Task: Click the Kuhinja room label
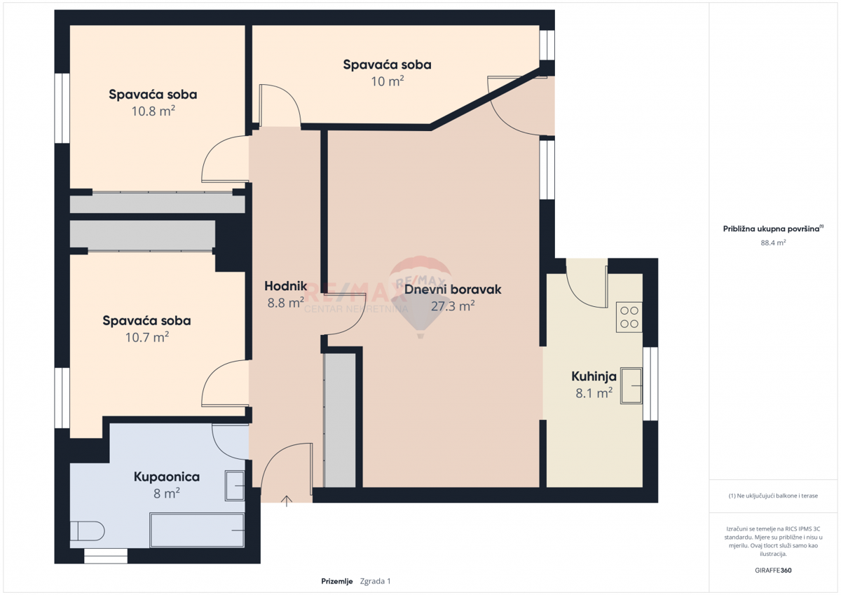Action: coord(594,376)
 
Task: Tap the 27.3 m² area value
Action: coord(453,306)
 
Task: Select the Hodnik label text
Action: coord(286,286)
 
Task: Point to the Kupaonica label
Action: coord(167,477)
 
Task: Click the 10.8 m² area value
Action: coord(153,111)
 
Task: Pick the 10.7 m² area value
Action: coord(146,337)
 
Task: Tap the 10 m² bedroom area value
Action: coord(388,81)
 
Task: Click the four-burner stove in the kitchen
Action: coord(629,317)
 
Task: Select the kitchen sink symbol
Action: coord(631,385)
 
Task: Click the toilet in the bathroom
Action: coord(87,531)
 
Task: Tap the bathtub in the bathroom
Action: coord(197,530)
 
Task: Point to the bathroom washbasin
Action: coord(235,486)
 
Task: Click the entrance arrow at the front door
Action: coord(287,501)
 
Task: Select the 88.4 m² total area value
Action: coord(773,242)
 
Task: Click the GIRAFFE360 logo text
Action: coord(773,570)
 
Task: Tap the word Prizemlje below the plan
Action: coord(337,581)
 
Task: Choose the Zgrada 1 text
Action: coord(375,581)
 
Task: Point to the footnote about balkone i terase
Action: coord(773,495)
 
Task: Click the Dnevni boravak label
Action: coord(453,289)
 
